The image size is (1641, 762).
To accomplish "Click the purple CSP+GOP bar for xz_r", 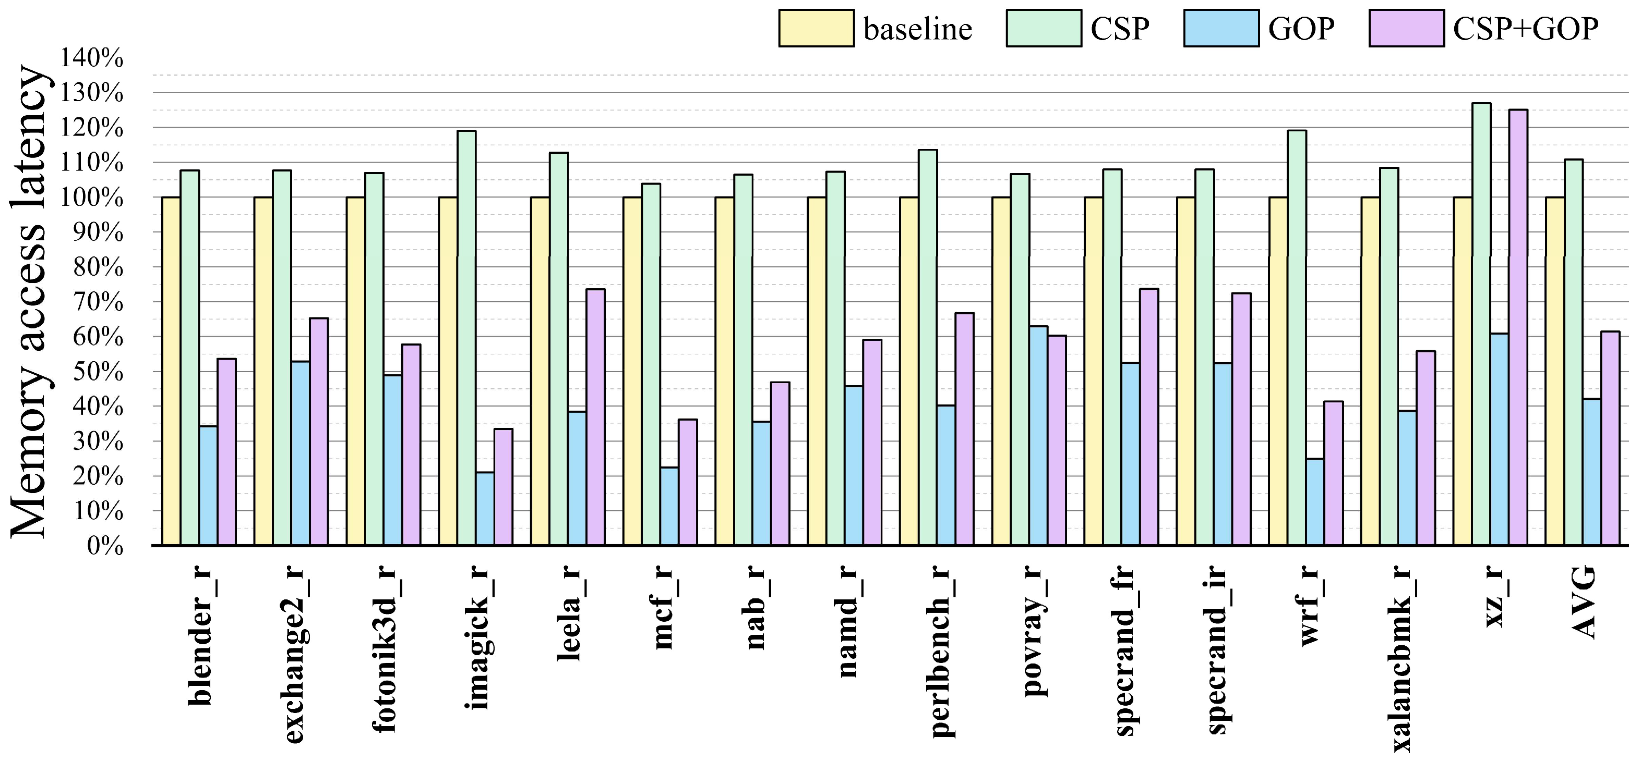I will coord(1518,327).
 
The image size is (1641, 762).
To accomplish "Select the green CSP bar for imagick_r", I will coord(466,337).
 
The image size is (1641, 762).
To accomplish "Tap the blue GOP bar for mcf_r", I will coord(669,506).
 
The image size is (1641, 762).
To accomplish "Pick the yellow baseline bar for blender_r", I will coord(171,371).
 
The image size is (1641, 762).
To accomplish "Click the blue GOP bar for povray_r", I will coord(1038,436).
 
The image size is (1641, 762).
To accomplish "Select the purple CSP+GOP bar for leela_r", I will coord(596,417).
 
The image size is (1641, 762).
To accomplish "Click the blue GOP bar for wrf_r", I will coord(1315,501).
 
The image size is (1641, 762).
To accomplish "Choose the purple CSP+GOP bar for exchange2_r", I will coord(318,432).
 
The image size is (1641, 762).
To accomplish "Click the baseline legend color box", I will coord(816,29).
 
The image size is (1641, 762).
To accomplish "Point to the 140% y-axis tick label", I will coord(92,58).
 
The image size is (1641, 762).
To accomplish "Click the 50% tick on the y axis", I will coord(97,372).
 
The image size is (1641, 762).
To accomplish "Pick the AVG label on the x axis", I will coord(1584,601).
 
